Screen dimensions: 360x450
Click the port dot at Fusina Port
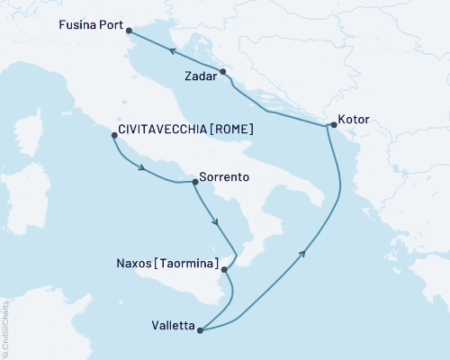pyautogui.click(x=130, y=31)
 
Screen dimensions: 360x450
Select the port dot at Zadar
pyautogui.click(x=223, y=71)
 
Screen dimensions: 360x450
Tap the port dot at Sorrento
pyautogui.click(x=195, y=181)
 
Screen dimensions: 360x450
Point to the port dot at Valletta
pyautogui.click(x=201, y=330)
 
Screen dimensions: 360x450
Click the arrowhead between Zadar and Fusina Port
pyautogui.click(x=170, y=49)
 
